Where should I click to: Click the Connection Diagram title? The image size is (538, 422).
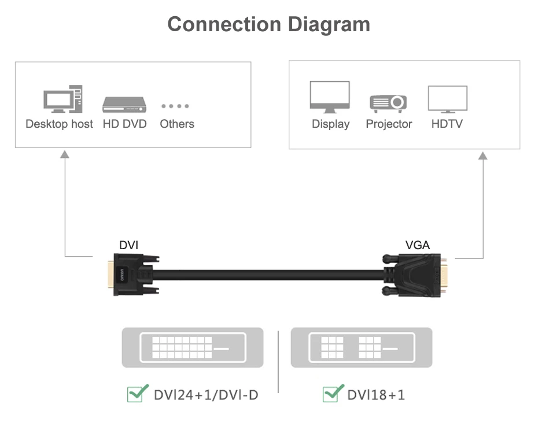tap(268, 24)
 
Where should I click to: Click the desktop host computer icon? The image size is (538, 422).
tap(62, 99)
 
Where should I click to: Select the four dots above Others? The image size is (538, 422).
tap(175, 106)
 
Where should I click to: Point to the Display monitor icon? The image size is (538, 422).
tap(330, 97)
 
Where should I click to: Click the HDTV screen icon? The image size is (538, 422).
tap(447, 99)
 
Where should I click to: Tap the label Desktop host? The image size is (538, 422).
tap(59, 124)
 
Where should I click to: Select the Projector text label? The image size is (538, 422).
tap(389, 124)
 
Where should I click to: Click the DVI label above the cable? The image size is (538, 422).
tap(128, 245)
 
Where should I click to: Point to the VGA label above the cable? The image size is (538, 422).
tap(417, 245)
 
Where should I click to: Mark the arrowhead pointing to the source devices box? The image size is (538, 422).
tap(65, 154)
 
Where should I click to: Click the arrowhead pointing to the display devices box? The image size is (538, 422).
tap(482, 155)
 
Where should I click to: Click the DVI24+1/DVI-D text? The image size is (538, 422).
tap(205, 395)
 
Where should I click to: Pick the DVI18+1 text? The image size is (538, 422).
tap(376, 395)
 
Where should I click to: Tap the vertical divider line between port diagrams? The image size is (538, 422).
tap(278, 361)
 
